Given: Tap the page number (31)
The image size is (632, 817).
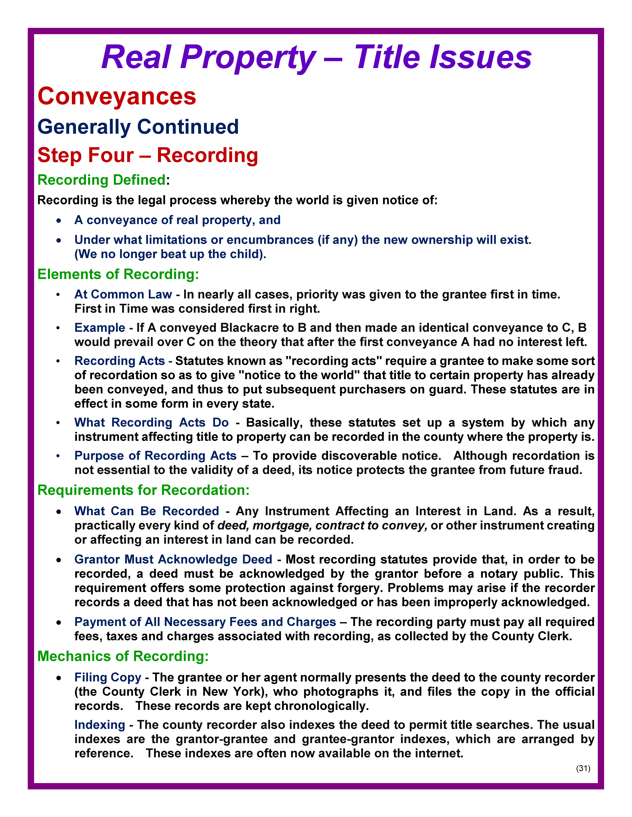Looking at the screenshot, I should click(x=583, y=769).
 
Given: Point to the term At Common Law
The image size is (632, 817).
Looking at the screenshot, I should click(x=123, y=294).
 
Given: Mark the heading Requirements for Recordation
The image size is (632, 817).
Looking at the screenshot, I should click(x=143, y=490).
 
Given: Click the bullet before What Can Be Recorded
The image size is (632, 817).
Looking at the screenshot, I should click(x=59, y=512).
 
